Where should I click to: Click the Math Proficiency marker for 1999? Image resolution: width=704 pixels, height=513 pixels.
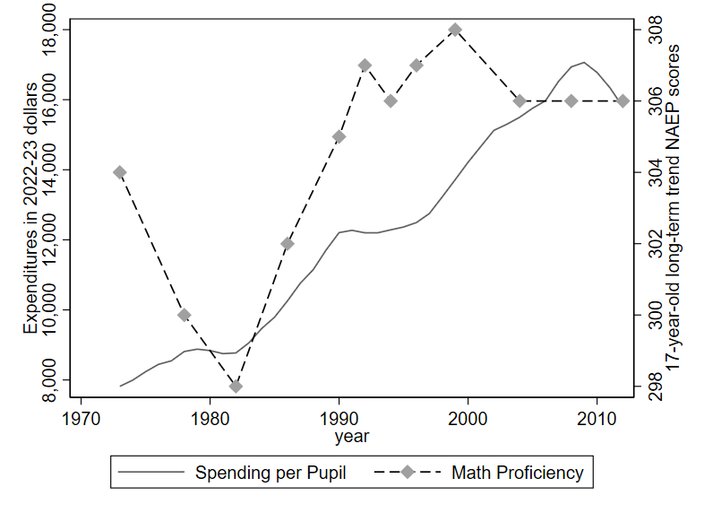[x=455, y=29]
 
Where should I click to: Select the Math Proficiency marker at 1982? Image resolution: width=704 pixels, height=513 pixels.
[x=236, y=387]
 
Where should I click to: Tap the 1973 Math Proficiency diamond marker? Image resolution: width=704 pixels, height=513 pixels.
[x=120, y=172]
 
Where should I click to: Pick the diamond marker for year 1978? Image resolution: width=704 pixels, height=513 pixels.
[x=185, y=315]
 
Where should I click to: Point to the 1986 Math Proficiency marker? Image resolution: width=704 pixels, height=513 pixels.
[x=288, y=243]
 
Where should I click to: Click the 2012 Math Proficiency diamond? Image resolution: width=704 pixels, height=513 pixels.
[x=622, y=100]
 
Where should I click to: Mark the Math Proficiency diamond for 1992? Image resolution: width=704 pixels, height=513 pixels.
[x=365, y=65]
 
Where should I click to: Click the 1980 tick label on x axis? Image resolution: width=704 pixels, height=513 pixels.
[x=210, y=417]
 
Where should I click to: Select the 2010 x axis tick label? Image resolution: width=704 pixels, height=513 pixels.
[x=597, y=417]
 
